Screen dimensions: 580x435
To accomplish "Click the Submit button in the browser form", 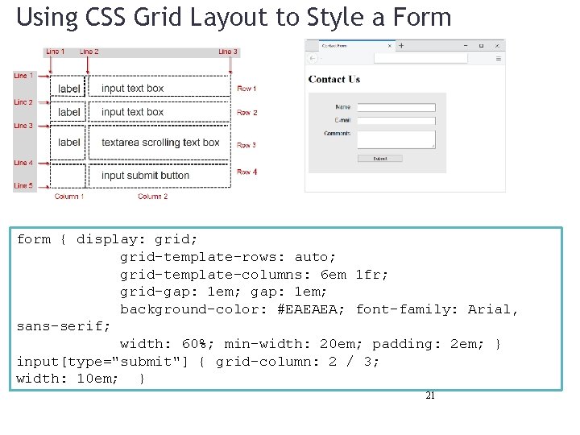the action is (379, 159).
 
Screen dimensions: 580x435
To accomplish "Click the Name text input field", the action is (396, 107).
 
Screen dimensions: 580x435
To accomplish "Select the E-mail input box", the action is (396, 120).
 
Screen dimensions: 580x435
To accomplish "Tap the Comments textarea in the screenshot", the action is (396, 139).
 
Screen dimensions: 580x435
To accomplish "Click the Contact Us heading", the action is (334, 79).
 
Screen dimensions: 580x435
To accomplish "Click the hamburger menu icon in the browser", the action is (499, 59).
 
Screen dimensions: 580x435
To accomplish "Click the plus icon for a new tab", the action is (401, 46).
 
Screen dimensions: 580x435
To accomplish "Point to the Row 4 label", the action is (246, 172).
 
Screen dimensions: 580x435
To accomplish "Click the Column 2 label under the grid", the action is (152, 197).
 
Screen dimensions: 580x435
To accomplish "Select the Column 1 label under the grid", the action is (68, 197).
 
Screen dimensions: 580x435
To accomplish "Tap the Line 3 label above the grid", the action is (228, 52).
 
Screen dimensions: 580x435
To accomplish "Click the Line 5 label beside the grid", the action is (23, 186).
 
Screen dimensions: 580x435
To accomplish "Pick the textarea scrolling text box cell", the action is (160, 143).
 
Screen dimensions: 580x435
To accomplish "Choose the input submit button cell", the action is (146, 176).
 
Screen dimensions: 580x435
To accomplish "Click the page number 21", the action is (430, 396).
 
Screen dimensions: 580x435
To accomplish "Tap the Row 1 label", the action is (246, 89).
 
